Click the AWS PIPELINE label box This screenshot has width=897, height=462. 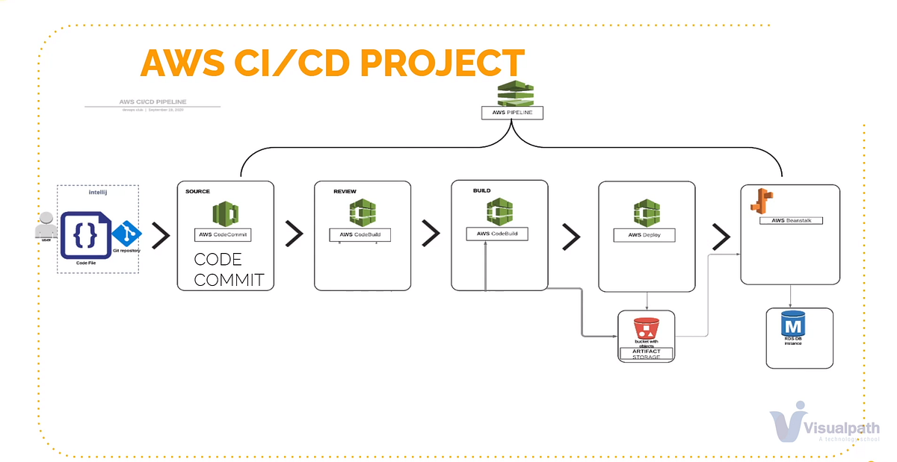point(512,113)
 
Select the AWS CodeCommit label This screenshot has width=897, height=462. point(223,234)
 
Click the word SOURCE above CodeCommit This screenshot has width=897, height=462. point(197,191)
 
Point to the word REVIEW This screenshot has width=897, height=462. point(345,191)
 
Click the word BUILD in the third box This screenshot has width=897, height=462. point(481,190)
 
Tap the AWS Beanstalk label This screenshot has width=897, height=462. point(790,220)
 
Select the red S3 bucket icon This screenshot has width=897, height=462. point(646,328)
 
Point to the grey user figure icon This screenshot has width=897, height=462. point(46,225)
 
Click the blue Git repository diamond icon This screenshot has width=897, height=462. point(128,234)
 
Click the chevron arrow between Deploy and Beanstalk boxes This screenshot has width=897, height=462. point(721,237)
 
